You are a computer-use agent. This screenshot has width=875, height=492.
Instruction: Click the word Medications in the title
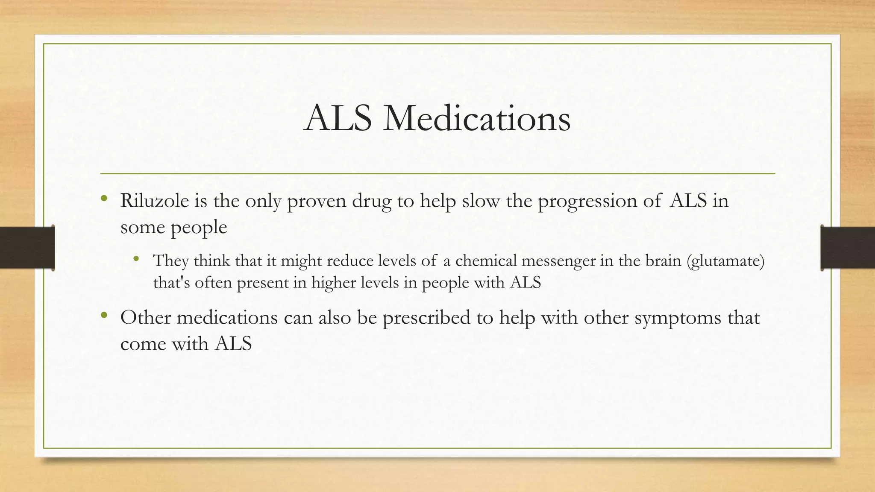[x=476, y=118]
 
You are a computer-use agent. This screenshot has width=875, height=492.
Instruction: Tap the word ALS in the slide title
[x=338, y=118]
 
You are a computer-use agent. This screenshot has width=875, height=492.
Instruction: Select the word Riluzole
[x=154, y=200]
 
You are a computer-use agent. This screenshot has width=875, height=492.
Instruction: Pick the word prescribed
[x=426, y=318]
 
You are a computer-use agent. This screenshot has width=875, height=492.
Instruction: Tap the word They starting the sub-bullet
[x=171, y=261]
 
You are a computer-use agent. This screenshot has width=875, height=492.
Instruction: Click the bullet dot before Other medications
[x=103, y=316]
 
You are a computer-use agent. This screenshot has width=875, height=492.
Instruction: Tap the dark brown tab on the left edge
[x=27, y=248]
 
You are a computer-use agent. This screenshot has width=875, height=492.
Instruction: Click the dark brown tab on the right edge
[x=848, y=248]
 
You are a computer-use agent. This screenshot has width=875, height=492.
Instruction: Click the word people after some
[x=199, y=228]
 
